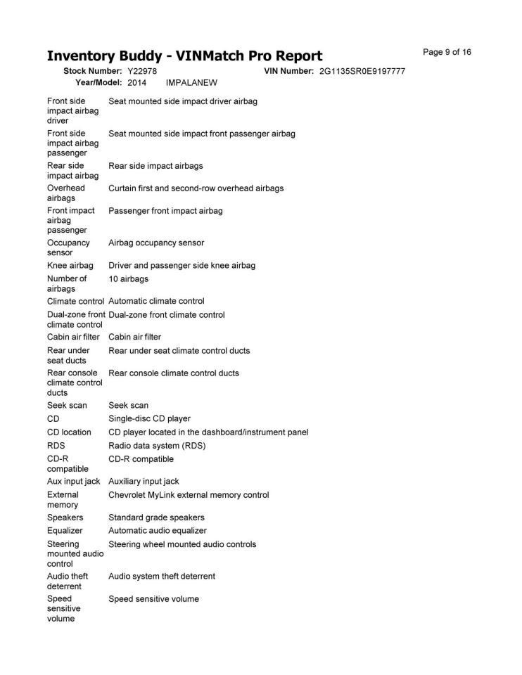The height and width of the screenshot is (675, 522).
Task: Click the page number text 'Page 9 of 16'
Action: click(447, 52)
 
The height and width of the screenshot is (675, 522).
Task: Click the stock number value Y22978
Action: click(142, 72)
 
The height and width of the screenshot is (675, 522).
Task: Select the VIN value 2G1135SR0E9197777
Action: click(362, 72)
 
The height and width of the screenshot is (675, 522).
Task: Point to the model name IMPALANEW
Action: click(191, 82)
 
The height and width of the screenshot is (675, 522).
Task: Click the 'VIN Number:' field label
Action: click(288, 72)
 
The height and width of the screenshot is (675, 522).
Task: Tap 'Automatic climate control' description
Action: click(156, 301)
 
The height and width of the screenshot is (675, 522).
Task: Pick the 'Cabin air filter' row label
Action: click(73, 337)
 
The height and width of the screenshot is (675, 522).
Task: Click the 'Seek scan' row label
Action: click(67, 405)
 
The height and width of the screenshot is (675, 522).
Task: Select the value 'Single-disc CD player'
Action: click(149, 418)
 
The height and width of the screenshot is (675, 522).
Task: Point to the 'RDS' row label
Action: click(56, 445)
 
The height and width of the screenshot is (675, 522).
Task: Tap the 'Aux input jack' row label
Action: click(73, 481)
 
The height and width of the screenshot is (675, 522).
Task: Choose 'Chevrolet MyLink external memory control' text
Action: click(189, 494)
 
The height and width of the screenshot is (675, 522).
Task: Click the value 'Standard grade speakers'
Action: click(156, 517)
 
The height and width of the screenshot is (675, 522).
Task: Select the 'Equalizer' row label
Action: click(65, 530)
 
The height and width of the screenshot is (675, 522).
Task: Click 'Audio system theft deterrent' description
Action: click(162, 576)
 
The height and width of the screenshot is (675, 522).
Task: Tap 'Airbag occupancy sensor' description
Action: click(156, 243)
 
